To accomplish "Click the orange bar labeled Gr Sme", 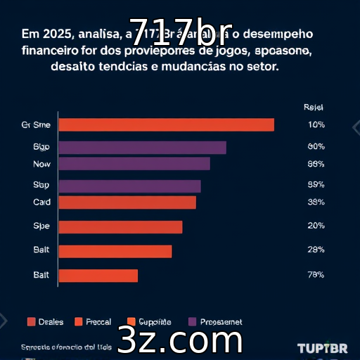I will [166, 124].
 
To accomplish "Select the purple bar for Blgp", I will [142, 147].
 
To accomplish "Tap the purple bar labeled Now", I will [134, 164].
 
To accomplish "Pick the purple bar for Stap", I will [129, 186].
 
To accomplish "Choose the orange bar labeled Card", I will [127, 202].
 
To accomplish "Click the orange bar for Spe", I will [120, 227].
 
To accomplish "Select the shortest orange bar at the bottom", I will [98, 275].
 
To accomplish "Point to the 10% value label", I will [316, 124].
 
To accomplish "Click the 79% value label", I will [316, 275].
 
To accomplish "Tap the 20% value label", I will [316, 226].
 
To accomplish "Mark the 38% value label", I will [316, 202].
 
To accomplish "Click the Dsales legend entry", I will [45, 322].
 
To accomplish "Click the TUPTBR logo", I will [321, 349].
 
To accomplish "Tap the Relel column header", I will [313, 108].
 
